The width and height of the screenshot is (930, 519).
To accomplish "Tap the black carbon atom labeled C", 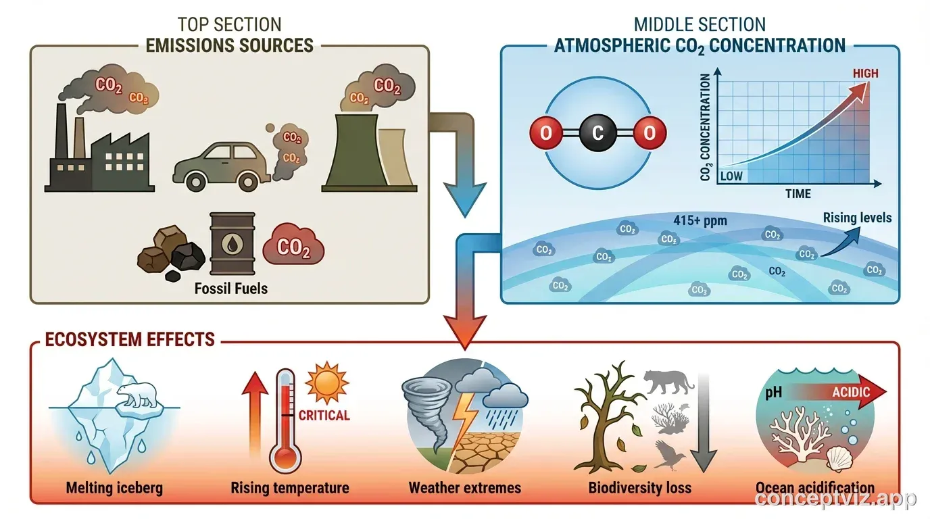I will pos(597,133).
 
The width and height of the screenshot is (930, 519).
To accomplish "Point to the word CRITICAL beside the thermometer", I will pos(324,415).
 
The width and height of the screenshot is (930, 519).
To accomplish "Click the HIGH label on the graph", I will pos(865,74).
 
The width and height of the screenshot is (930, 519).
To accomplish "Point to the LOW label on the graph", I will pos(731,176).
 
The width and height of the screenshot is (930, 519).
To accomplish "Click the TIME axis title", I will pos(798,194).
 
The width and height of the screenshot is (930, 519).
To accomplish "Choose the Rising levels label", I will pos(857,218).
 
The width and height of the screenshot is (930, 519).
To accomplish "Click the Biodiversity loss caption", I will pos(639,487).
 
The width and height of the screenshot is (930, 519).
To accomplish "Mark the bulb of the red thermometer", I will pos(285,458).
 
